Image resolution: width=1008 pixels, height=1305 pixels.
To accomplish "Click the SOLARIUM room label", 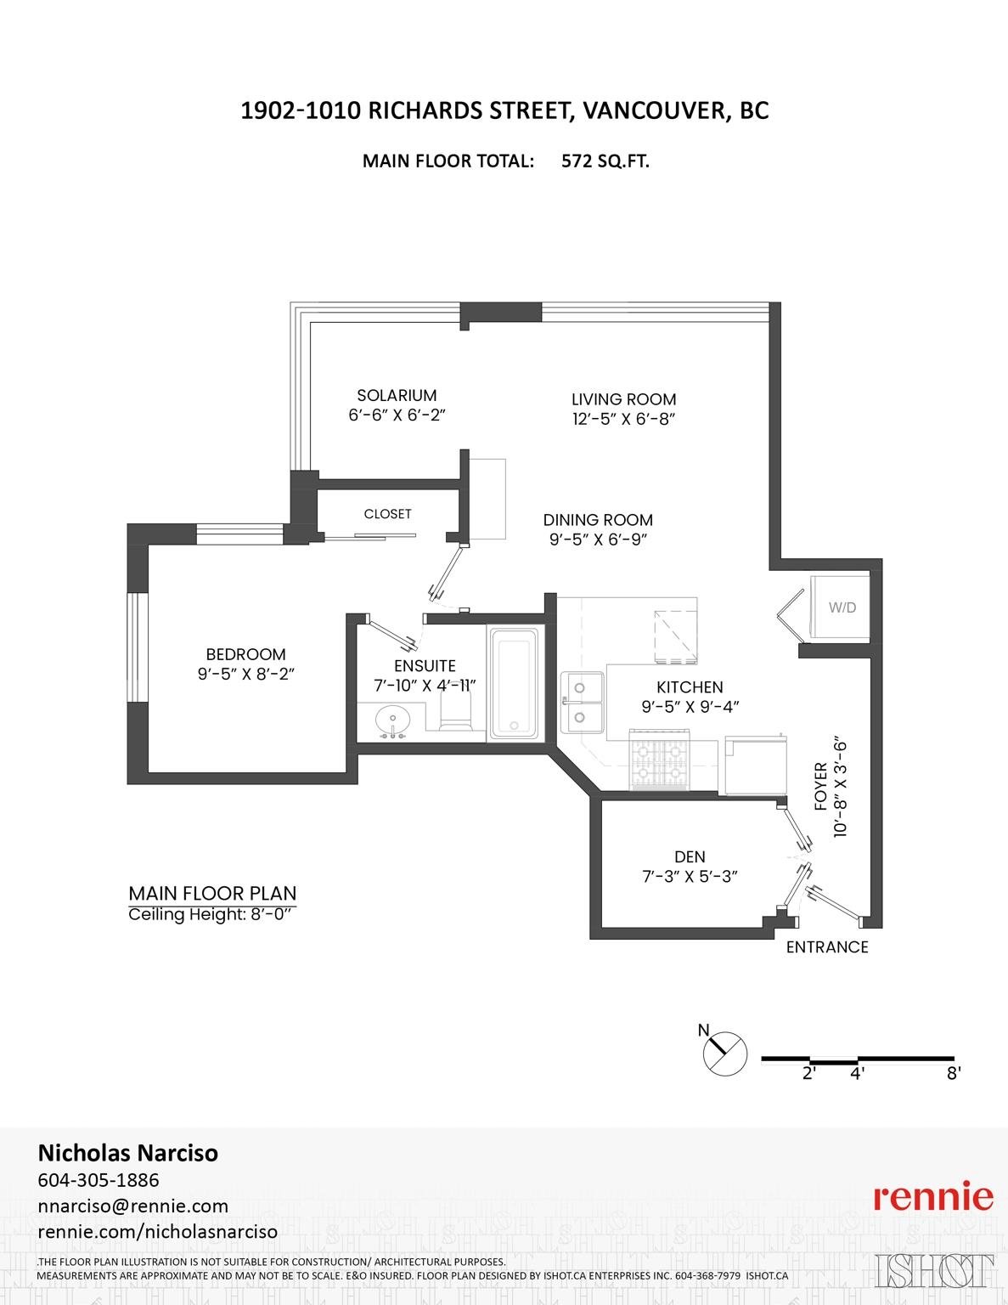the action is (x=397, y=395).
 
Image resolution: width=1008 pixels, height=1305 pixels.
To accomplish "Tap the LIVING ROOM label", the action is (x=623, y=399).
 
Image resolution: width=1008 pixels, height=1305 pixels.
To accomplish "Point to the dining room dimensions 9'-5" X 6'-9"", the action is (x=598, y=540).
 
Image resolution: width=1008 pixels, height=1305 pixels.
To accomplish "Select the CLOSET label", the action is (x=387, y=514).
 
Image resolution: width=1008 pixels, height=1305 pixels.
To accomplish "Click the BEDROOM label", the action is (x=245, y=654).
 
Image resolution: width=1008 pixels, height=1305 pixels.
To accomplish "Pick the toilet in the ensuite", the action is (x=457, y=712).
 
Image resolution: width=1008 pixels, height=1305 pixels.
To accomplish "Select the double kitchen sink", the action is (x=582, y=702).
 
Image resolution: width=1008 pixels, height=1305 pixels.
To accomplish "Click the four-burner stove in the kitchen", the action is (x=659, y=760).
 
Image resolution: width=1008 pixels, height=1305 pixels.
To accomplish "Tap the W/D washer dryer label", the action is (x=842, y=607).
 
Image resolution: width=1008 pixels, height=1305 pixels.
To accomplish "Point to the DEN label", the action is (x=690, y=856).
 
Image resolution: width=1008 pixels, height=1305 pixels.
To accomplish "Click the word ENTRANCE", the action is (x=827, y=947).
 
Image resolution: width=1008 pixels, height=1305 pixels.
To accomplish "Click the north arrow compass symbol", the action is (x=724, y=1054).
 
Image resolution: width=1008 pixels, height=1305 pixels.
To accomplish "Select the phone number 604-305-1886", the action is (x=99, y=1180).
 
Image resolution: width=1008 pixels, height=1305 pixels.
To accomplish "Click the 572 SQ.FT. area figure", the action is (x=605, y=161).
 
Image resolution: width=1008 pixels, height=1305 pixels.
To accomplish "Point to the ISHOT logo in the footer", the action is (x=934, y=1270).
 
